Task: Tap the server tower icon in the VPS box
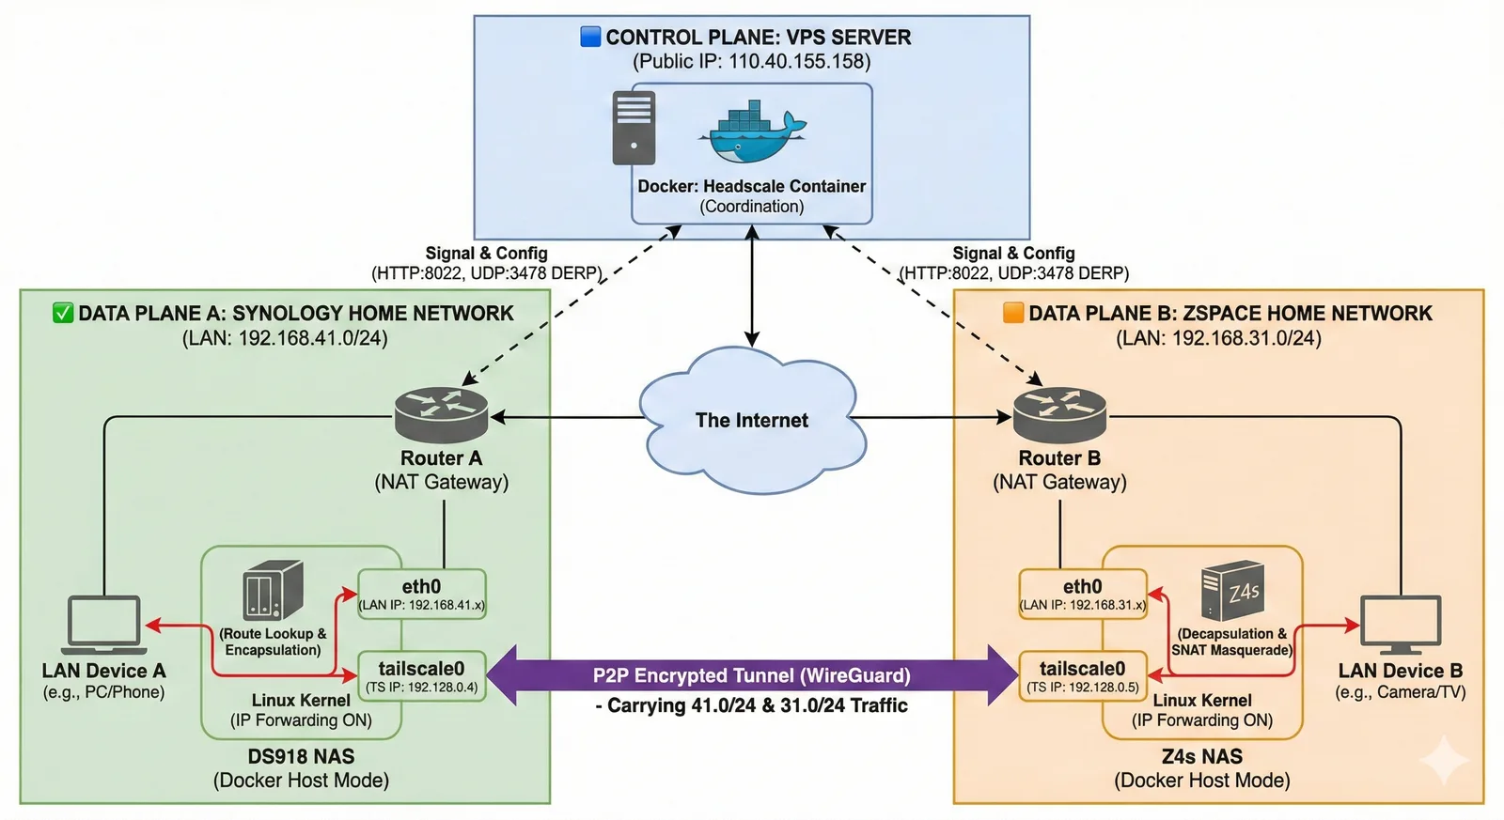pos(634,128)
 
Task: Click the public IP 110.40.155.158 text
pos(799,62)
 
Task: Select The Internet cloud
pos(752,420)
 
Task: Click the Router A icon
pos(441,414)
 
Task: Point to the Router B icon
pos(1059,414)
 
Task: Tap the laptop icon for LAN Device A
pos(104,625)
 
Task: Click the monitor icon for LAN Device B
pos(1400,625)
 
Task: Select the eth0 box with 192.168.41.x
pos(422,595)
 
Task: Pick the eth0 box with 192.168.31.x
pos(1082,595)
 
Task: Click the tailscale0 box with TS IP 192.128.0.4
pos(422,676)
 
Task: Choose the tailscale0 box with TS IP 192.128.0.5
pos(1082,676)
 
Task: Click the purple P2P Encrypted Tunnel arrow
pos(752,675)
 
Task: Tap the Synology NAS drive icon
pos(273,590)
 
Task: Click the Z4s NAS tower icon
pos(1232,590)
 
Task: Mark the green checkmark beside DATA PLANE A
pos(63,313)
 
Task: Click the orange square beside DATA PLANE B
pos(1013,313)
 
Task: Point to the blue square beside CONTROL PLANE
pos(590,37)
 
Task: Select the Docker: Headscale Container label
pos(751,187)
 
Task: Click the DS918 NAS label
pos(301,757)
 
